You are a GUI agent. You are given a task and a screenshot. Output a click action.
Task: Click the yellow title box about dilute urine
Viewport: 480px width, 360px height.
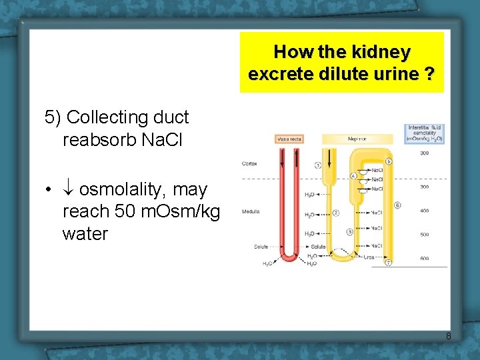point(341,62)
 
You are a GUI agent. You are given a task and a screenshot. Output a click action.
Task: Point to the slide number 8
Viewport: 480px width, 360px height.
point(448,336)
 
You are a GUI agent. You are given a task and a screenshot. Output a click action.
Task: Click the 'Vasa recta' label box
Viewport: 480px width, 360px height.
point(289,139)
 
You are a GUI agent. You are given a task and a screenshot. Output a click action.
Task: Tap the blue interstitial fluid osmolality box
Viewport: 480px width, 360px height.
point(425,133)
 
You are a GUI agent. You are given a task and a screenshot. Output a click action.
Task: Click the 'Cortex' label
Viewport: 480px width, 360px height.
point(250,163)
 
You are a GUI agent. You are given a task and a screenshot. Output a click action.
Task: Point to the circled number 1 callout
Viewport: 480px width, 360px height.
point(318,165)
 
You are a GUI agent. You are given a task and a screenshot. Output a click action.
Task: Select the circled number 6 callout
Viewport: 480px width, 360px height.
point(397,205)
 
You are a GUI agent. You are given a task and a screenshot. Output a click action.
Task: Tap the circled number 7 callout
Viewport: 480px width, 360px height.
point(388,263)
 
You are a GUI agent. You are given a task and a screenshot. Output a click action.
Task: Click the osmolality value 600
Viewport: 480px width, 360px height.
point(425,259)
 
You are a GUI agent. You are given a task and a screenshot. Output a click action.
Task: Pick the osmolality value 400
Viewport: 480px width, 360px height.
point(425,211)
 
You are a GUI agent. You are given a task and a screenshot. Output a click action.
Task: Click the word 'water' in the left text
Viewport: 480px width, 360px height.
point(85,234)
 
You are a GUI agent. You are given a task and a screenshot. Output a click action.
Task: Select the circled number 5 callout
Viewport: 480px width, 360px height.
point(389,161)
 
